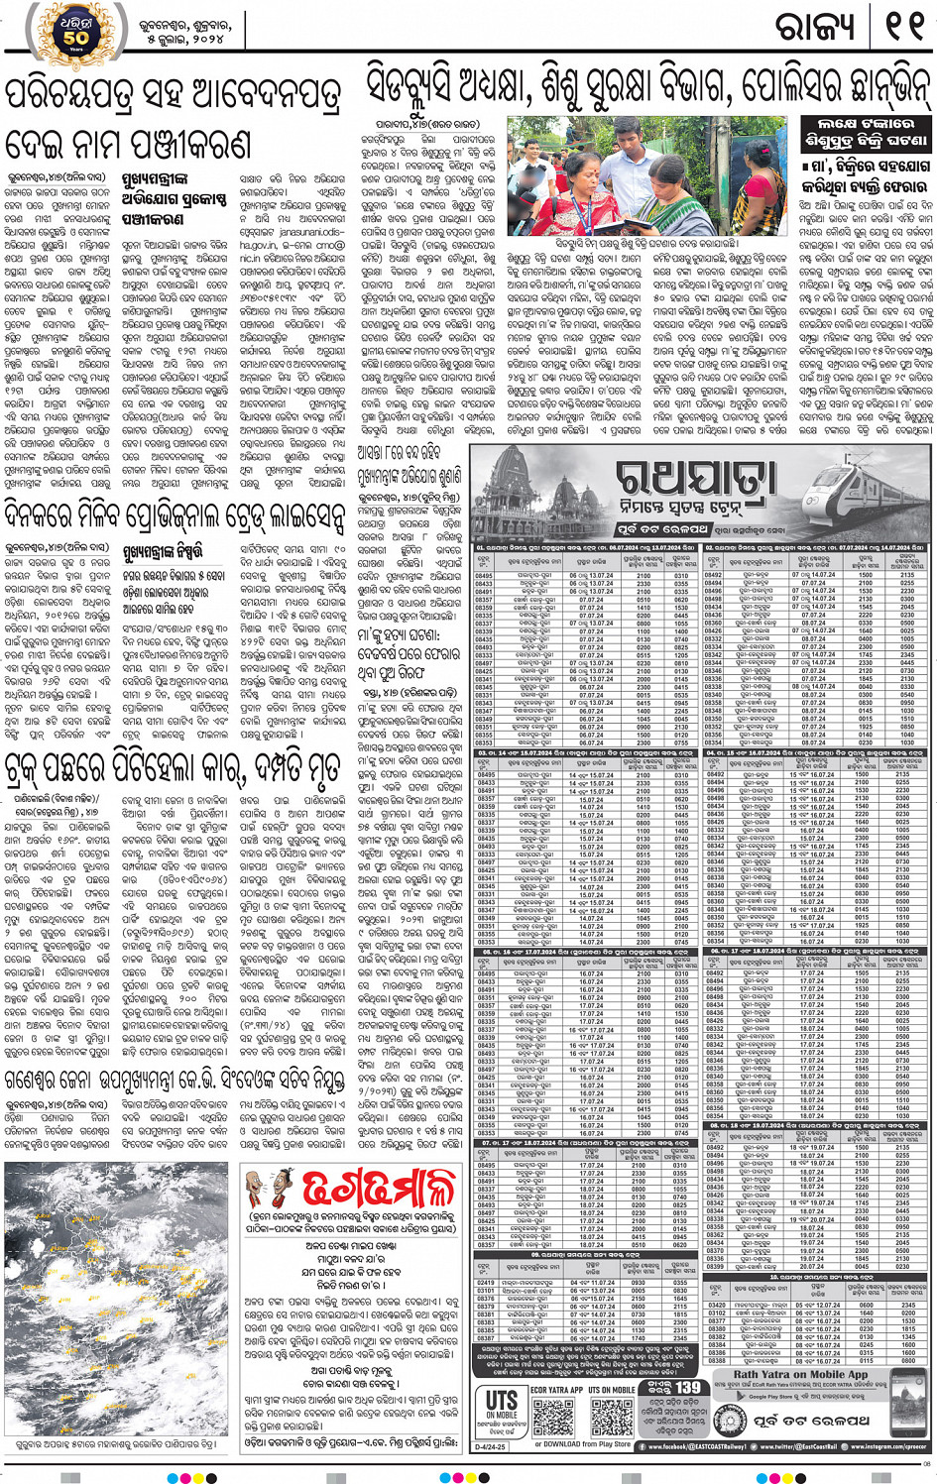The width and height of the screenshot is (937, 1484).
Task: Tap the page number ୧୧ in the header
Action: coord(903,27)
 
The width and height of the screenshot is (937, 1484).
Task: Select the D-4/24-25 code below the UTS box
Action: coord(491,1446)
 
